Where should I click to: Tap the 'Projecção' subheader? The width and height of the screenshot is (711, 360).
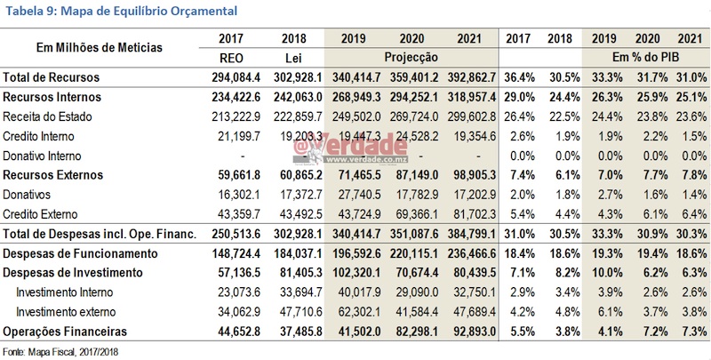point(410,56)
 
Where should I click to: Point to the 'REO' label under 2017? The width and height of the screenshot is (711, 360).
point(232,56)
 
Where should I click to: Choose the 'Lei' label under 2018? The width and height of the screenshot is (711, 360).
point(293,56)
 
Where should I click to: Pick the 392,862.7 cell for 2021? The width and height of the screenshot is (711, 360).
point(471,77)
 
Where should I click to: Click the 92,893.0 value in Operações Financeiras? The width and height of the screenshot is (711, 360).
point(471,332)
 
